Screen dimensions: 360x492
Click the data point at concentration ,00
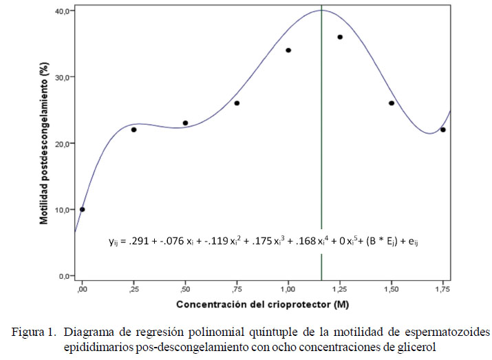83,209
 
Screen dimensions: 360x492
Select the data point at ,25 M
134,129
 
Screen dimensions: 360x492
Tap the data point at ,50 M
185,123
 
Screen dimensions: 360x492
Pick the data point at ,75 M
237,103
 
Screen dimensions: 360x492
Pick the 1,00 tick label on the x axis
288,290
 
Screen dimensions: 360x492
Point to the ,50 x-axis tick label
185,290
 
